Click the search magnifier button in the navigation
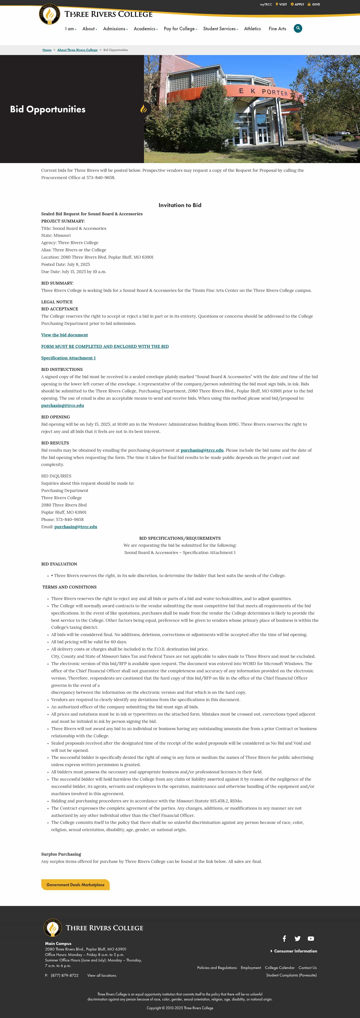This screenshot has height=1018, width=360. pos(298,29)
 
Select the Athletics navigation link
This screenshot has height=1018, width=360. pos(252,29)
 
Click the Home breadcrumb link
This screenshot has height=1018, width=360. pos(47,50)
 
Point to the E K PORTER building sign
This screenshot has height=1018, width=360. pos(263,92)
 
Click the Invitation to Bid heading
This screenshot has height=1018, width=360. pos(180,205)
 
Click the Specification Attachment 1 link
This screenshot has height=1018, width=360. pos(68,358)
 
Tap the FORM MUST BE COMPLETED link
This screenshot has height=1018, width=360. pos(105,347)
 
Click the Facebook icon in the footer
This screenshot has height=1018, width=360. pos(284,938)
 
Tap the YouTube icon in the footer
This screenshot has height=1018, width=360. pos(311,938)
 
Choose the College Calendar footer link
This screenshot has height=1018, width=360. pos(279,967)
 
